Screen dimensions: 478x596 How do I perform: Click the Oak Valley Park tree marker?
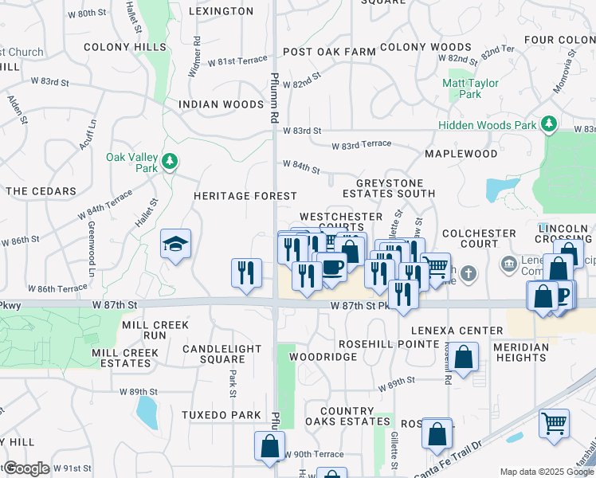[169, 162]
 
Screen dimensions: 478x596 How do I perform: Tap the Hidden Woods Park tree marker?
[548, 125]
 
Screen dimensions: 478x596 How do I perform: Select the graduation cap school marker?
[175, 245]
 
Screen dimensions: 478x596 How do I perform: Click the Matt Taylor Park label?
[470, 88]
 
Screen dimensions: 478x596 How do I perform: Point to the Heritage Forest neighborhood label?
[245, 196]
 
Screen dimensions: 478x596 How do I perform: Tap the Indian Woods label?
[221, 104]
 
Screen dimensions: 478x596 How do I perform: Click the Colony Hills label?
[124, 47]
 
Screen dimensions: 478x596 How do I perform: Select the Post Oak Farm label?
[328, 52]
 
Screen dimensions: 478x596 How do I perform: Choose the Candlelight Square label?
[222, 354]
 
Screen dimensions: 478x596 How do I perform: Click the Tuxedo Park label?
[221, 415]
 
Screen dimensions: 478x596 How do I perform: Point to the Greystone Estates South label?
[389, 187]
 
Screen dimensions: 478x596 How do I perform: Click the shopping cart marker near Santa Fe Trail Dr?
[554, 423]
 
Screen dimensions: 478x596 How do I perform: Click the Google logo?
[25, 468]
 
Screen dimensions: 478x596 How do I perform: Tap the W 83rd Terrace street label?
[362, 143]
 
